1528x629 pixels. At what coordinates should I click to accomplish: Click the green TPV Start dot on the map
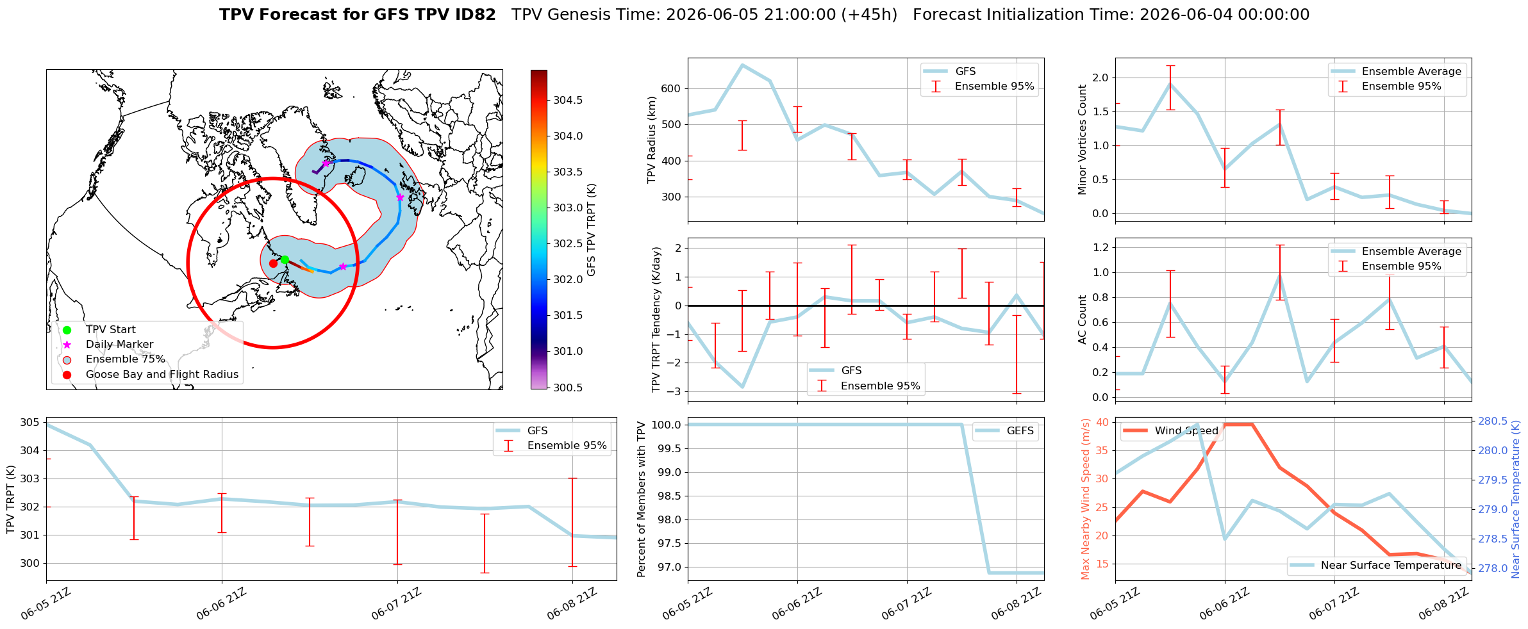pos(285,259)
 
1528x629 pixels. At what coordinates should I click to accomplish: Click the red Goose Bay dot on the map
pos(273,263)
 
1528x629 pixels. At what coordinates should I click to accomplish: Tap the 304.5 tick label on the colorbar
pos(568,100)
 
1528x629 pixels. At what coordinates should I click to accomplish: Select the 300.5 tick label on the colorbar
pos(568,388)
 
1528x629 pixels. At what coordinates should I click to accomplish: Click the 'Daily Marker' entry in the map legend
pos(119,345)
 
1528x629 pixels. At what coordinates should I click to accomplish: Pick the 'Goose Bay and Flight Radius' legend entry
pos(162,374)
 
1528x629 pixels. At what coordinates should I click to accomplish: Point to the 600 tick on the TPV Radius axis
pos(670,88)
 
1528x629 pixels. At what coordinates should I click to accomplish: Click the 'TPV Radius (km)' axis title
pos(652,140)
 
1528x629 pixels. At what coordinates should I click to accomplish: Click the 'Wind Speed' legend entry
pos(1186,430)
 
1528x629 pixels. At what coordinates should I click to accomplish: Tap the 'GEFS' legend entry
pos(1020,430)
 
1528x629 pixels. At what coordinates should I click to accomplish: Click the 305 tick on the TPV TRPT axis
pos(29,422)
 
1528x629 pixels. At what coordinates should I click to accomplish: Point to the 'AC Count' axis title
pos(1083,320)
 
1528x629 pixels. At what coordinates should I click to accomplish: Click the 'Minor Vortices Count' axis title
pos(1083,140)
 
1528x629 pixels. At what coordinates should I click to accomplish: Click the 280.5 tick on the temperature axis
pos(1493,421)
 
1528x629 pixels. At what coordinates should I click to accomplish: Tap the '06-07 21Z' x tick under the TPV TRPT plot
pos(396,604)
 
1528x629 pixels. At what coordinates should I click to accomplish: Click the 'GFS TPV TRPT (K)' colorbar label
pos(591,229)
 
